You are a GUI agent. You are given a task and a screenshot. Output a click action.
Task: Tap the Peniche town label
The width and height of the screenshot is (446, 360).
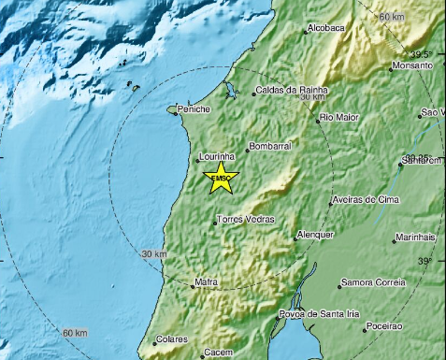point(194,109)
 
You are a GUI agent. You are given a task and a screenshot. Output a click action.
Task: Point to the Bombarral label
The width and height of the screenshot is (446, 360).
point(272,148)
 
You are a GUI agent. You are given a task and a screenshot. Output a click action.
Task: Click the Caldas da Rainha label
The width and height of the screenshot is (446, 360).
point(289,92)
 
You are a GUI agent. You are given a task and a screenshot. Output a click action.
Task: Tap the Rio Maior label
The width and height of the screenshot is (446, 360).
point(339,117)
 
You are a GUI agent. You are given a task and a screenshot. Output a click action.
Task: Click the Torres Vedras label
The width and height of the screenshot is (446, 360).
point(245,219)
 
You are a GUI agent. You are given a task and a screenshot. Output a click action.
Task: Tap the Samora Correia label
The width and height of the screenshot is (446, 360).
point(373,281)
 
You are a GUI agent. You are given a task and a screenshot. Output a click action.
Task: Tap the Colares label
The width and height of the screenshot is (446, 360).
point(173,338)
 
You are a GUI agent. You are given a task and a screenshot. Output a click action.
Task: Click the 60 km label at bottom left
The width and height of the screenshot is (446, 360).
point(75,334)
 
